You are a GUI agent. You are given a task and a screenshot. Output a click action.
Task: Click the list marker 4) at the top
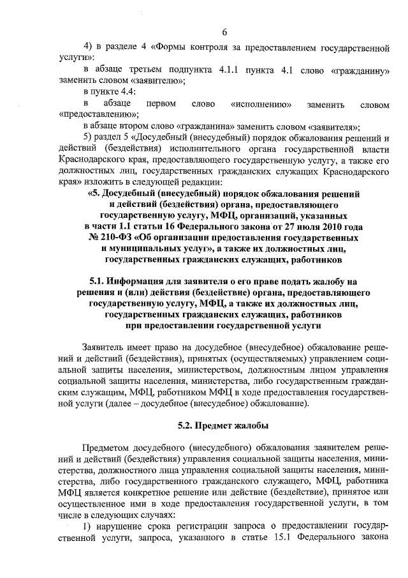pos(89,46)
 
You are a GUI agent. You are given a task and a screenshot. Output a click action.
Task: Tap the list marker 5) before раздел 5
pos(89,138)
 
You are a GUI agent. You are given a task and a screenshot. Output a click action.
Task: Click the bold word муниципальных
pos(168,249)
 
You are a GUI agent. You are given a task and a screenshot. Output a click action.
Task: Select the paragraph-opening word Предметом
pos(108,447)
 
